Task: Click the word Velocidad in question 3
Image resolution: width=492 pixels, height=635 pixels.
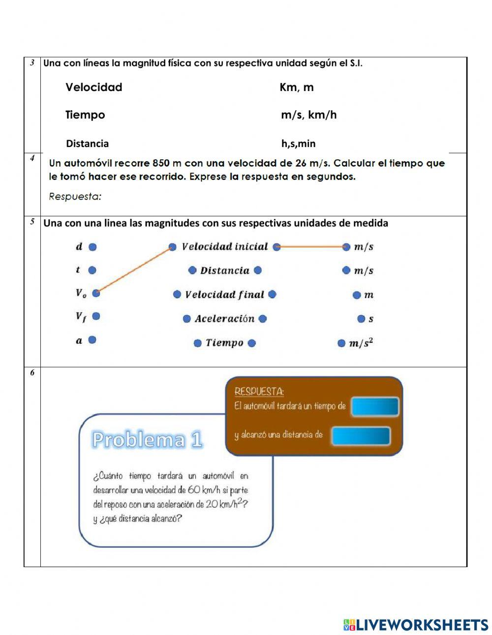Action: tap(93, 88)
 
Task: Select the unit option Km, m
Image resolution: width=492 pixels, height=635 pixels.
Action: tap(296, 88)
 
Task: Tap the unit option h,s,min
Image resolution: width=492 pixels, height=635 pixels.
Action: tap(298, 144)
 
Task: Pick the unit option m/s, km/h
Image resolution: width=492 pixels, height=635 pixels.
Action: tap(308, 115)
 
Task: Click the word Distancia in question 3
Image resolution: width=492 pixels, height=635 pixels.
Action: tap(87, 144)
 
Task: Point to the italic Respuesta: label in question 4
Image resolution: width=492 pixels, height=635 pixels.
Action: tap(75, 197)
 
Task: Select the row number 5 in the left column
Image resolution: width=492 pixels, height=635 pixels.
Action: tap(32, 221)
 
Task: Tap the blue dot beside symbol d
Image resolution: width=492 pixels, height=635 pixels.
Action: tap(92, 247)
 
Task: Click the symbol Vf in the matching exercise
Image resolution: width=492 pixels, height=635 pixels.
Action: tap(81, 317)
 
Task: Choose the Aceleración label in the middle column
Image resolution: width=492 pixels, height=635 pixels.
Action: tap(224, 319)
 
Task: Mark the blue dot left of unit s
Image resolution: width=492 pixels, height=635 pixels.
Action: tap(361, 319)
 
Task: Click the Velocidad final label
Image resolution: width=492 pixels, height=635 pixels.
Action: tap(224, 295)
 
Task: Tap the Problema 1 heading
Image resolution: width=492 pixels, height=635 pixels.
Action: tap(147, 439)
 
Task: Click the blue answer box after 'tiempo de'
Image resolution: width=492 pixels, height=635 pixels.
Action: tap(375, 407)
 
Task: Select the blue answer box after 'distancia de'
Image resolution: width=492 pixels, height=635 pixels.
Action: tap(361, 436)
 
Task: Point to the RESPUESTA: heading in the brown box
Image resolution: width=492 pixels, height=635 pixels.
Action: tap(259, 392)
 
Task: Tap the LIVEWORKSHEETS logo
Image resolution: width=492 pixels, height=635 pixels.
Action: tap(416, 625)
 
